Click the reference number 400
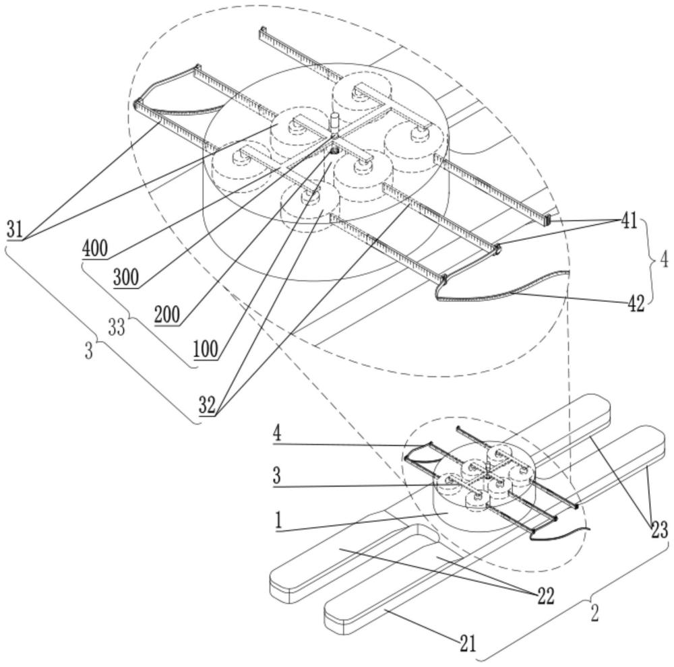(x=95, y=249)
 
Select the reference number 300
(x=126, y=278)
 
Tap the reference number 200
(x=167, y=315)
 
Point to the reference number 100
(x=206, y=349)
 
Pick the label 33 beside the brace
(x=116, y=328)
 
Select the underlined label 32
(x=207, y=405)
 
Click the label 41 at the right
(x=629, y=222)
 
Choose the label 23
(x=659, y=530)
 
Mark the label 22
(x=546, y=596)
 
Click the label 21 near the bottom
(x=468, y=643)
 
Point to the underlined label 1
(x=278, y=521)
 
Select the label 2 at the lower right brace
(x=594, y=614)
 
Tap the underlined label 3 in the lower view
(x=277, y=476)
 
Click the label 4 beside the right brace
(x=664, y=259)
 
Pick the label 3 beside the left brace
(x=88, y=351)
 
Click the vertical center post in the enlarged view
(x=335, y=122)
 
